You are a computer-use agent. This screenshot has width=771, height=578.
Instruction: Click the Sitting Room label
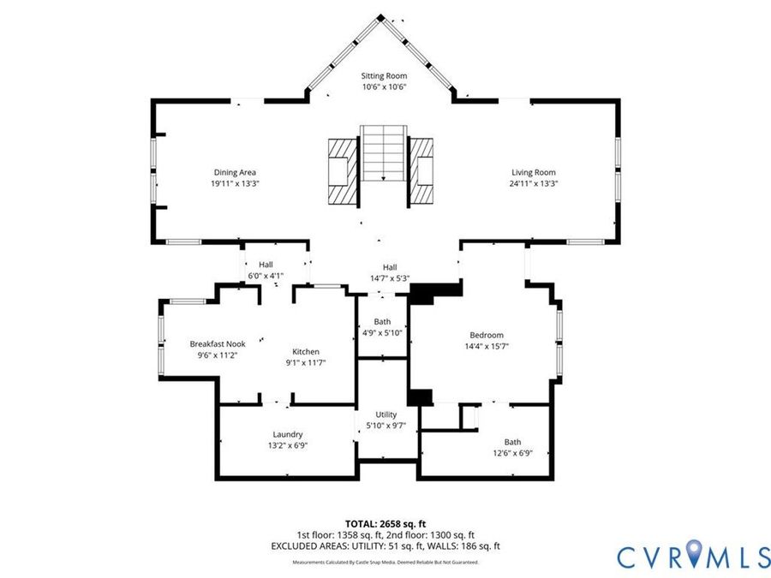coord(384,75)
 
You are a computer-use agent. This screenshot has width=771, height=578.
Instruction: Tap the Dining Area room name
coord(235,172)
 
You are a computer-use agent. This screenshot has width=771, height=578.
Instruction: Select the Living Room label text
coord(534,172)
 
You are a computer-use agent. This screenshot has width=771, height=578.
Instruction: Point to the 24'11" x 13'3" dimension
coord(534,184)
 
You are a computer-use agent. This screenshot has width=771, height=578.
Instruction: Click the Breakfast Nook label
coord(218,344)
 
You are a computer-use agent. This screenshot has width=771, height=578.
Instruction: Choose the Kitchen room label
coord(306,352)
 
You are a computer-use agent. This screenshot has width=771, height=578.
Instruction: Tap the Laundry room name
coord(288,434)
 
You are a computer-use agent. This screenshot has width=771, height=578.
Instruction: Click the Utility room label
coord(386,414)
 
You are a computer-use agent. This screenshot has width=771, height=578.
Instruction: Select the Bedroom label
coord(487,335)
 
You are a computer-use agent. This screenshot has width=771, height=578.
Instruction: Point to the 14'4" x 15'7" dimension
coord(487,347)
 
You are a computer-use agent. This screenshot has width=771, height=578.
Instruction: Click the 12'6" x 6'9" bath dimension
coord(512,453)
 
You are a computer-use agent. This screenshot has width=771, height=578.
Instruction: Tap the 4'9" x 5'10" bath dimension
coord(382,333)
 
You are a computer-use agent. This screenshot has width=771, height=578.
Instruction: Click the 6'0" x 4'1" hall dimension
coord(266,277)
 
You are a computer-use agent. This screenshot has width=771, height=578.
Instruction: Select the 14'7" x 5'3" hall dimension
coord(390,278)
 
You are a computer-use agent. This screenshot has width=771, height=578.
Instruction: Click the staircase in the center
coord(384,153)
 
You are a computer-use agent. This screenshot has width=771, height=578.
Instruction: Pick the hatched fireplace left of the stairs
coord(342,171)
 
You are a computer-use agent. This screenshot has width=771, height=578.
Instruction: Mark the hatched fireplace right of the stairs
coord(421,171)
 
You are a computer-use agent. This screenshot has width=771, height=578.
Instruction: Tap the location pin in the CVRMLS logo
coord(694,552)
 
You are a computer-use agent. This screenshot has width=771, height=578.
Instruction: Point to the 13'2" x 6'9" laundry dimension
coord(288,446)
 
